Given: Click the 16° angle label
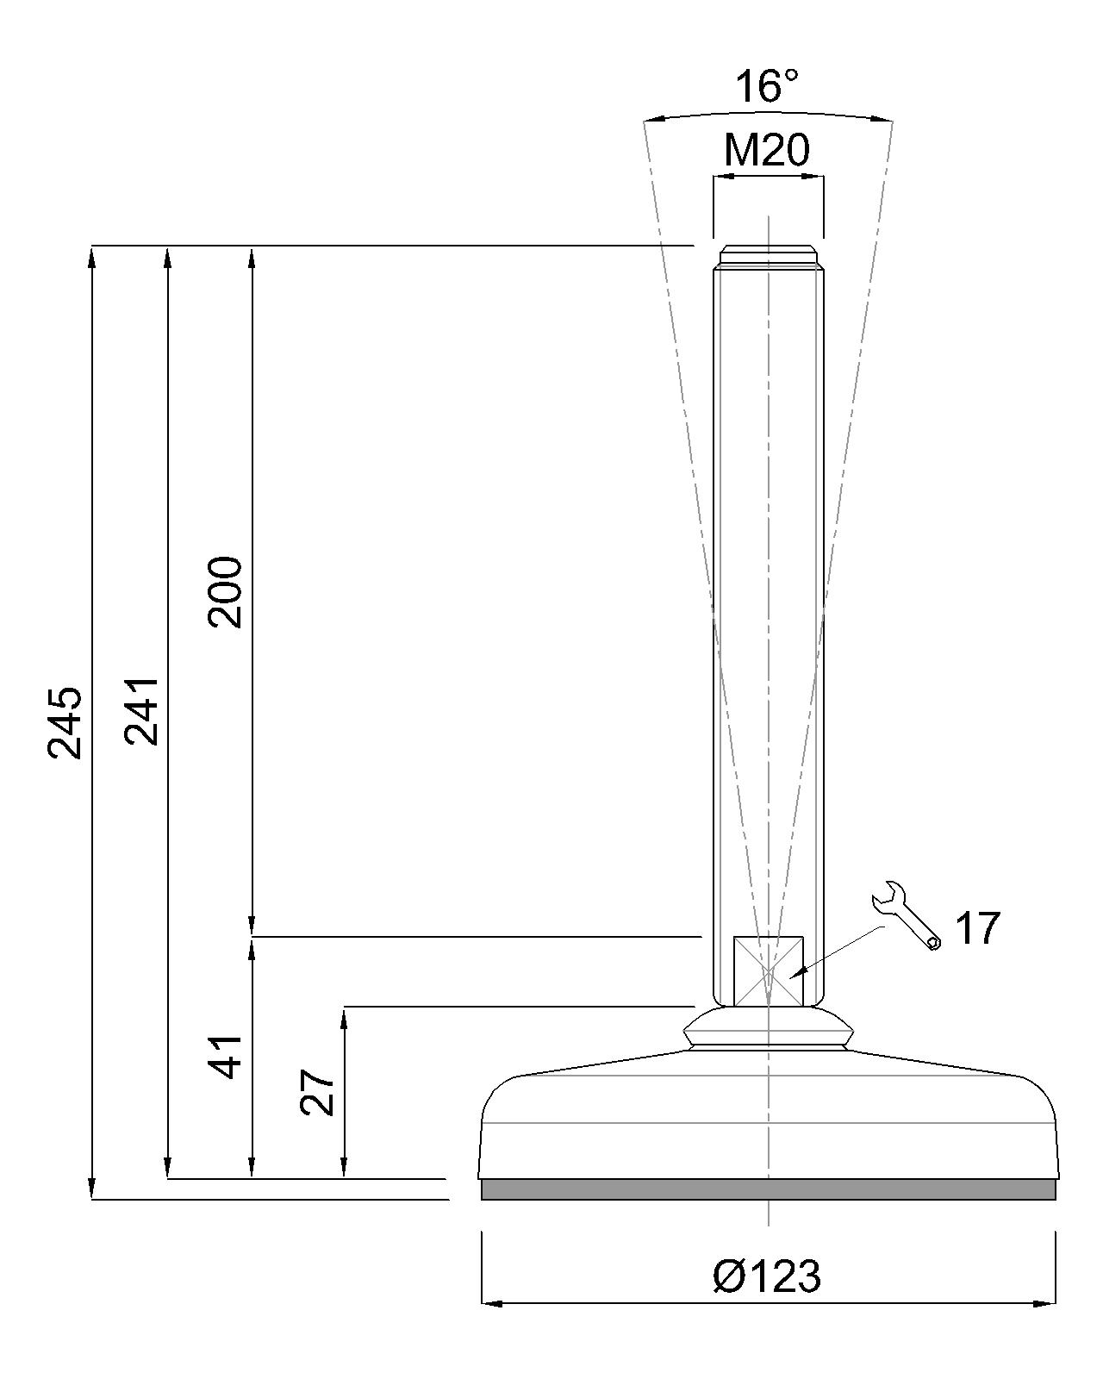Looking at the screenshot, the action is pos(767,87).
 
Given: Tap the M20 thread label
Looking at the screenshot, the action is pos(767,150).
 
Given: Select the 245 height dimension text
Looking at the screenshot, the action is pos(65,723).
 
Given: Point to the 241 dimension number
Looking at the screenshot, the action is pos(141,710).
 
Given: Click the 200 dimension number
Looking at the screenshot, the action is pos(225,593).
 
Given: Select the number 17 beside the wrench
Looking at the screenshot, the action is pos(977,928).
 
